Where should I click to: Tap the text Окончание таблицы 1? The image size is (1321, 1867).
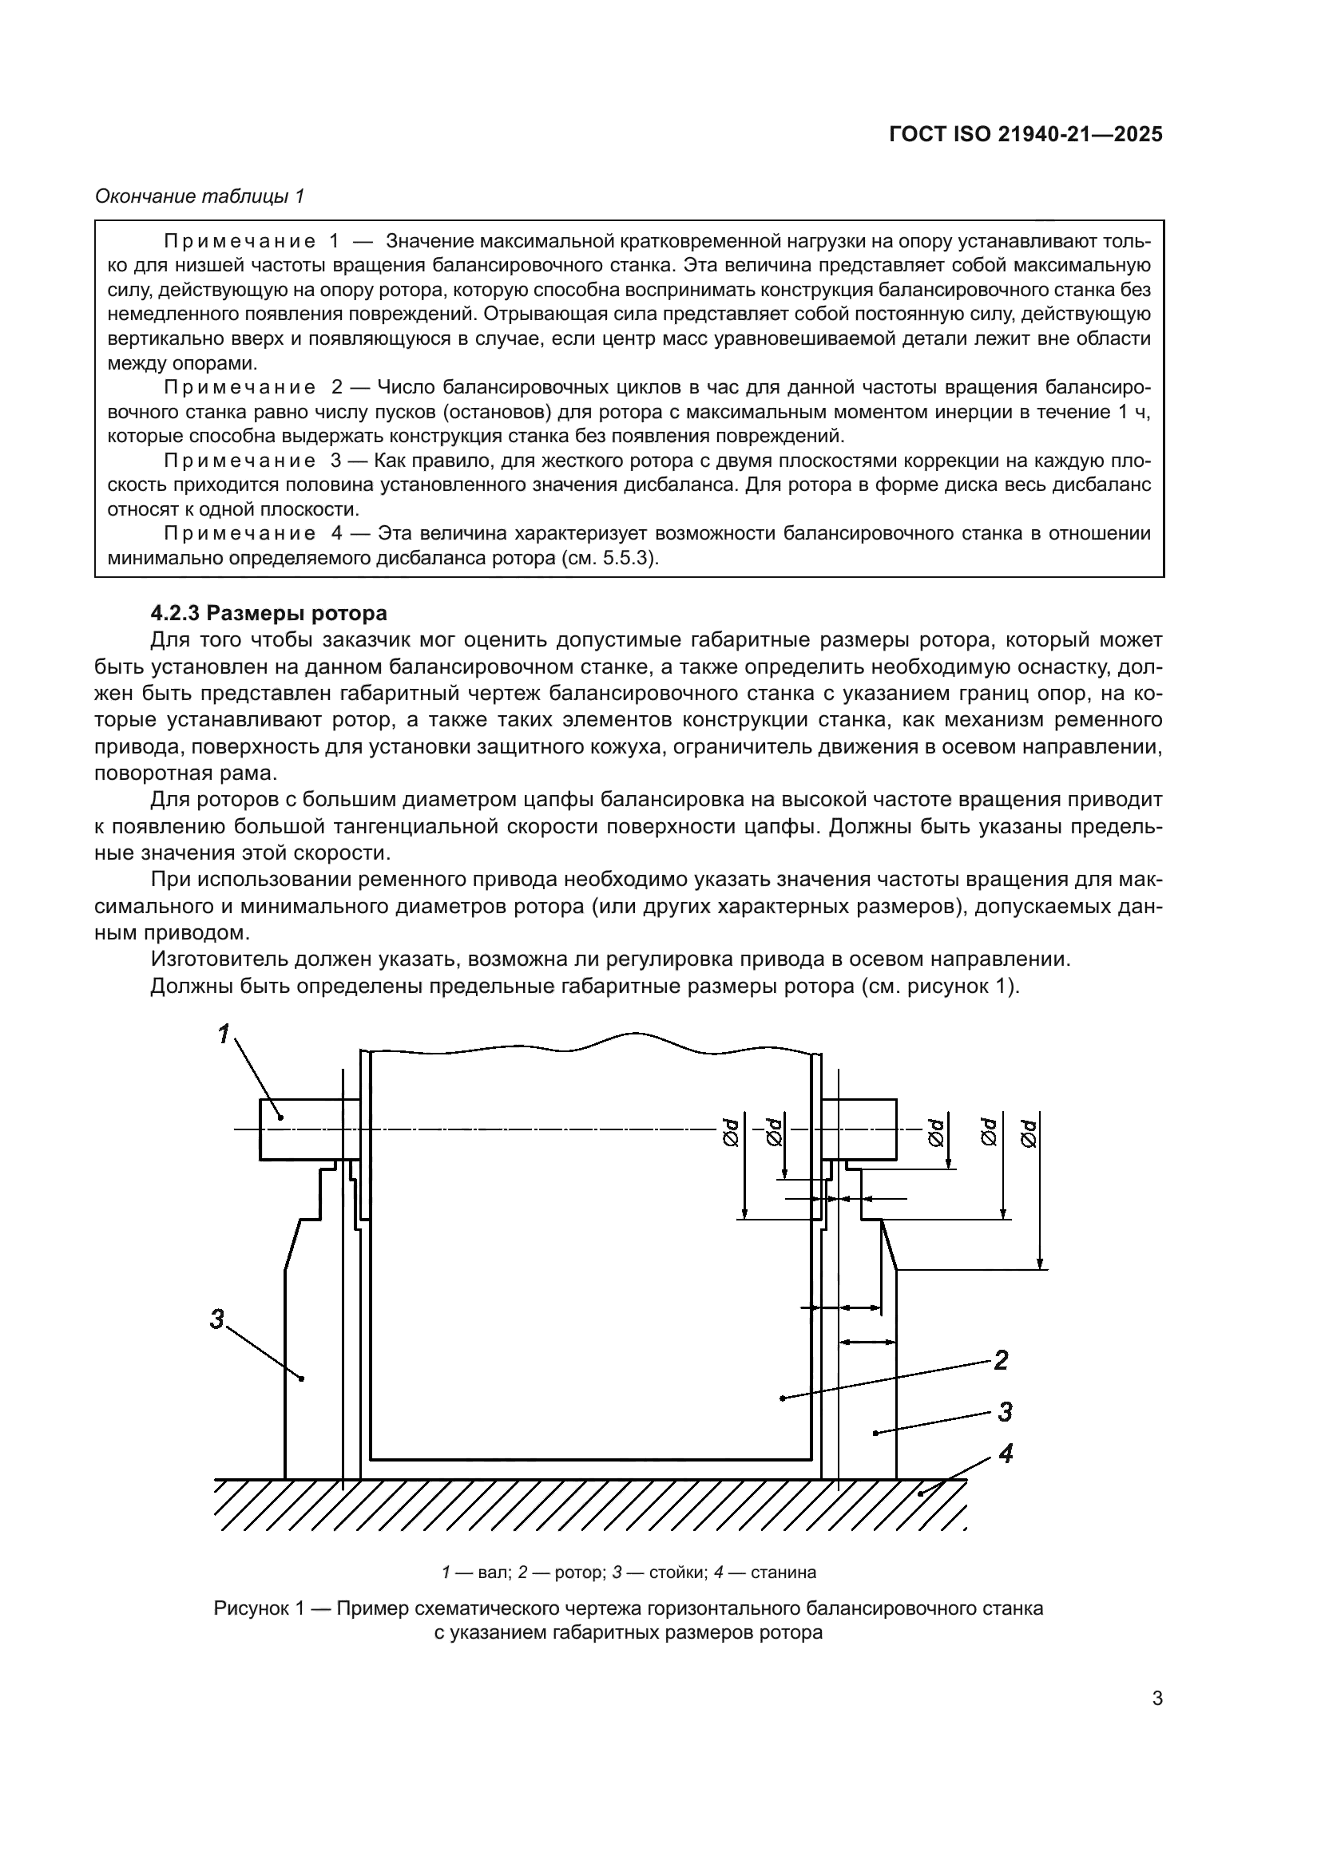pyautogui.click(x=200, y=196)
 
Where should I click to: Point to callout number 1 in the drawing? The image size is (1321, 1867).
pyautogui.click(x=224, y=1034)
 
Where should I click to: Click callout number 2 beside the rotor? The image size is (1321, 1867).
pyautogui.click(x=1002, y=1359)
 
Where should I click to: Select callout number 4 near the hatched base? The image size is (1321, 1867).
pyautogui.click(x=1006, y=1454)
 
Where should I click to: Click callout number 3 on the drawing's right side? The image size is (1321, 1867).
pyautogui.click(x=1005, y=1413)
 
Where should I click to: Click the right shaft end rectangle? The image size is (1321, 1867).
pyautogui.click(x=861, y=1129)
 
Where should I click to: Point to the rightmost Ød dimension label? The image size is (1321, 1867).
pyautogui.click(x=1029, y=1134)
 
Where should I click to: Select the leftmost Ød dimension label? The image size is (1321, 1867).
pyautogui.click(x=731, y=1133)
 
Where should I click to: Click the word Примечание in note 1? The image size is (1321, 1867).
pyautogui.click(x=239, y=242)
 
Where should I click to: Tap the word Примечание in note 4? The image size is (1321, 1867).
pyautogui.click(x=239, y=533)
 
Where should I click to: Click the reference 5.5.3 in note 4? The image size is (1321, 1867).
pyautogui.click(x=630, y=559)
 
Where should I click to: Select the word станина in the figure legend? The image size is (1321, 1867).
pyautogui.click(x=783, y=1572)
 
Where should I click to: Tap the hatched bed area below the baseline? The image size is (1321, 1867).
pyautogui.click(x=589, y=1505)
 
